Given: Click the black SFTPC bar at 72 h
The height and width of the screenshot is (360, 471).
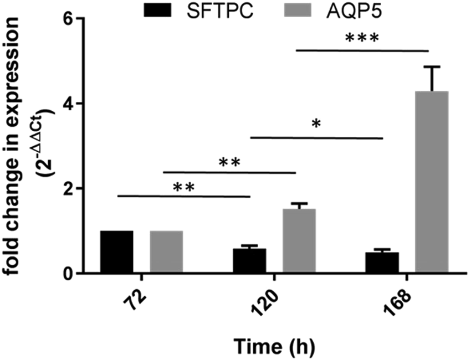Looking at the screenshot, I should (116, 252).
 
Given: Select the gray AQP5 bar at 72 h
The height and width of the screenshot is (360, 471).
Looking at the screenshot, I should (166, 252).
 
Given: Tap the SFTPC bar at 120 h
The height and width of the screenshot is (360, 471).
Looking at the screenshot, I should (249, 261).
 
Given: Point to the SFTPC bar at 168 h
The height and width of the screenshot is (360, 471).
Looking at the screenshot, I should (382, 263).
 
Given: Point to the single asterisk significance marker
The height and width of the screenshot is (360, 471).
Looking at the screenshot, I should (316, 123).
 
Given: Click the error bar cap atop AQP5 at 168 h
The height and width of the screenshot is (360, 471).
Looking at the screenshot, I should (432, 67).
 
